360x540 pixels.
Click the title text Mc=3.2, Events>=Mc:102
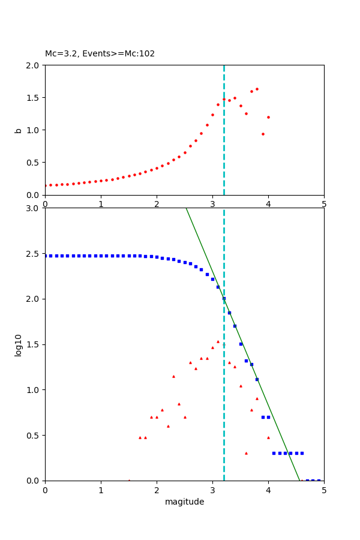point(100,53)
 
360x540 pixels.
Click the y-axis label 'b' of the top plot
point(19,130)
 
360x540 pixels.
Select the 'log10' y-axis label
point(19,345)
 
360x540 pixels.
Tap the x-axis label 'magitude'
point(184,502)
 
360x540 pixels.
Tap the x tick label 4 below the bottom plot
point(268,490)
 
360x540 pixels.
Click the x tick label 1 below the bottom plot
point(101,490)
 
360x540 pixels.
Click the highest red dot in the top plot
point(257,89)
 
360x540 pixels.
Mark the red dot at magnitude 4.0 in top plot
point(268,117)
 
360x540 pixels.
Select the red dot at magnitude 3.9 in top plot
point(263,134)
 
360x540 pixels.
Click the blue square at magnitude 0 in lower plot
point(46,256)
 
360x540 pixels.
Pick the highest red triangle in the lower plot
point(218,341)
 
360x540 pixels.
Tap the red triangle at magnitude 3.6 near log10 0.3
point(246,453)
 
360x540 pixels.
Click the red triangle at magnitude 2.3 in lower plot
point(173,376)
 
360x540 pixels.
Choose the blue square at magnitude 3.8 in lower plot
point(257,379)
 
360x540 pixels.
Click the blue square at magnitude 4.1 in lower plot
point(274,453)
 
